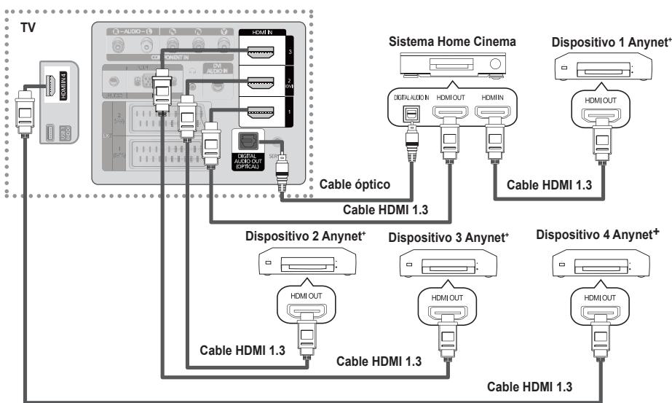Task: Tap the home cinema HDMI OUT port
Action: tap(449, 114)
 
